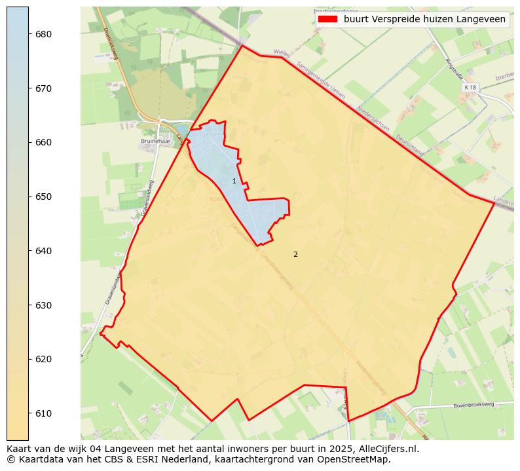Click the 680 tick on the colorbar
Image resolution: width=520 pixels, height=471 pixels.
(44, 34)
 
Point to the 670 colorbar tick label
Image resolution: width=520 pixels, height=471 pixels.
(44, 88)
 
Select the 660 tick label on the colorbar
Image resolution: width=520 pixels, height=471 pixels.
(44, 142)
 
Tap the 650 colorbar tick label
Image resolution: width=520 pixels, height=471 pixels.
(44, 197)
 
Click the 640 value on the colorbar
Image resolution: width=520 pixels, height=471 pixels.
(44, 251)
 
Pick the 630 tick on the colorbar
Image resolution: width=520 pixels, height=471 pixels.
(44, 305)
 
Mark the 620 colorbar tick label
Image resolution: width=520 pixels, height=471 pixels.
(44, 359)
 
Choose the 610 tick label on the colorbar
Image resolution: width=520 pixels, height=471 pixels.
(44, 413)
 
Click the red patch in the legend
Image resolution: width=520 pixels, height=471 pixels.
(327, 20)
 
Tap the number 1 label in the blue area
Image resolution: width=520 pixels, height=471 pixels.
(234, 181)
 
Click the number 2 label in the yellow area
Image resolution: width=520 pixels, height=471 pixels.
(295, 254)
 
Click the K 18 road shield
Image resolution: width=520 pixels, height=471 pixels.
(470, 87)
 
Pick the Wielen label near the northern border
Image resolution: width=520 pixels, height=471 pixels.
(282, 52)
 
